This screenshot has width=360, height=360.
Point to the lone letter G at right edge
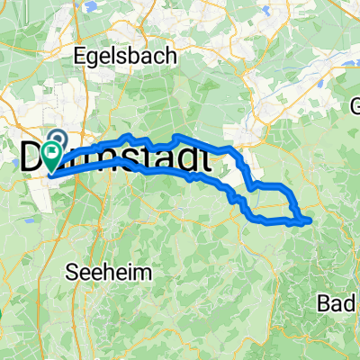354,103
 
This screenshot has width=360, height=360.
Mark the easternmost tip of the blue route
310,219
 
